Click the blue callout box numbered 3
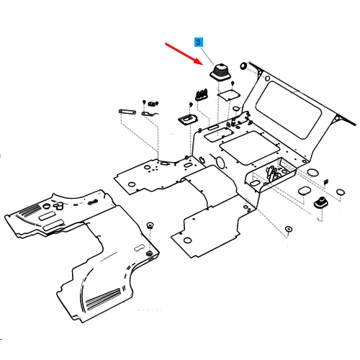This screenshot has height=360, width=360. (x=198, y=42)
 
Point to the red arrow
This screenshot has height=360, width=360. (x=184, y=54)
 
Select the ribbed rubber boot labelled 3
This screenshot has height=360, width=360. (x=220, y=72)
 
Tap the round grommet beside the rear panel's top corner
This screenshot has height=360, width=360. (x=243, y=66)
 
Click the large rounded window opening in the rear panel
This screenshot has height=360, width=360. (x=288, y=109)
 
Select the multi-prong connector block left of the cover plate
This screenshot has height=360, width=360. (x=202, y=94)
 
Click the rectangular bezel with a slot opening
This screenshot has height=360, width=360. (x=188, y=120)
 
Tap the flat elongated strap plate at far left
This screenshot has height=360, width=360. (x=127, y=112)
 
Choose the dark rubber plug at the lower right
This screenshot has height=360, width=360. (x=320, y=202)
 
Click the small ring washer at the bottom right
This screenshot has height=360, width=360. (x=289, y=229)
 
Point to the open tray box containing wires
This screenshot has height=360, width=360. (x=271, y=174)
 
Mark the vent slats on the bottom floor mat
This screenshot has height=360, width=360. (x=103, y=299)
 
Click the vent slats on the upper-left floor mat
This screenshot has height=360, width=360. (x=30, y=210)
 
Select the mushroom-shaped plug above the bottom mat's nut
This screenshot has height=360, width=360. (x=150, y=225)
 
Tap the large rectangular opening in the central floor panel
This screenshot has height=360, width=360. (x=250, y=148)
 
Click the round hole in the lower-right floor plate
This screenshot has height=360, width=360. (x=187, y=240)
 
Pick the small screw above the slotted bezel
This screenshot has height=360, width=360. (x=191, y=104)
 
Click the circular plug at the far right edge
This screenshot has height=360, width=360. (x=341, y=192)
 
